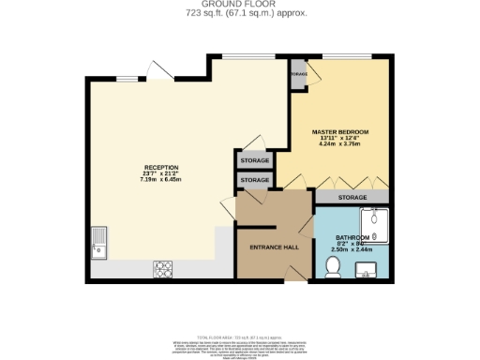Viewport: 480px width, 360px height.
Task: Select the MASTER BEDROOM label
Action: click(x=338, y=132)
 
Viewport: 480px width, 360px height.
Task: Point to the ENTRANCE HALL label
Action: click(x=273, y=247)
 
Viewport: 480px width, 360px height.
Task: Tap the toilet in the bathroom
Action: click(x=331, y=268)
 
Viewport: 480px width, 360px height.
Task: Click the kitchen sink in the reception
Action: click(x=99, y=241)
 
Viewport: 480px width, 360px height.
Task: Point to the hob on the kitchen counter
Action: click(x=160, y=269)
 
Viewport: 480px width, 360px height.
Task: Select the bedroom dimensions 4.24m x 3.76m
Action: click(x=338, y=143)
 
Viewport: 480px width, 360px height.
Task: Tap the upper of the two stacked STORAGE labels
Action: click(x=255, y=161)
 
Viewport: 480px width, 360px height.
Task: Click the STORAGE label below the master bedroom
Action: click(x=352, y=198)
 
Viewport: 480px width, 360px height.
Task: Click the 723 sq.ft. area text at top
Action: click(x=239, y=14)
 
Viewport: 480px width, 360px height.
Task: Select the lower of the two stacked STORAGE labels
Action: click(x=255, y=180)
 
